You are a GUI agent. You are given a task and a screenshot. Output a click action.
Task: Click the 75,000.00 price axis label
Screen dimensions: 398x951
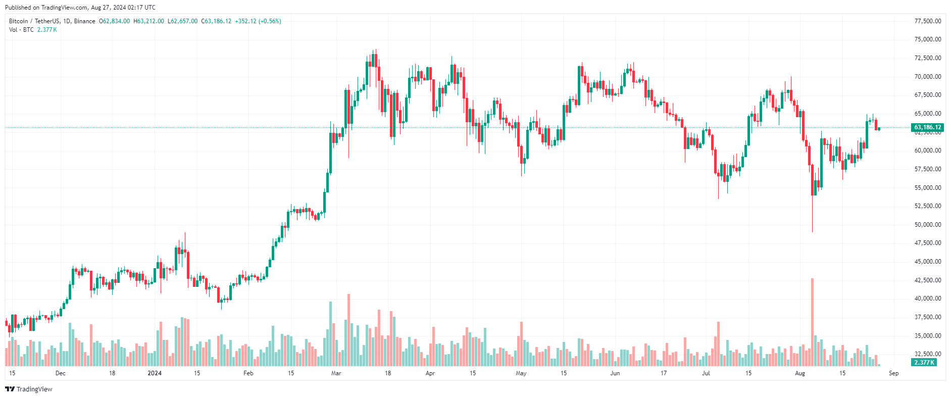(928, 39)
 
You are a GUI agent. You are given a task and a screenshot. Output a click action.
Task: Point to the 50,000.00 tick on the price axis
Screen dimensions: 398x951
(928, 225)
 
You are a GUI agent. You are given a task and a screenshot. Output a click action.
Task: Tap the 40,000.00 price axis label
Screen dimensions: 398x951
(928, 298)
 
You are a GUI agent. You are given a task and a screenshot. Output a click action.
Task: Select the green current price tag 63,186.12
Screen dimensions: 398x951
(928, 127)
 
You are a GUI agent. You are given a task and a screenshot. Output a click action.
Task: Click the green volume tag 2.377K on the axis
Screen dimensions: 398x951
(924, 363)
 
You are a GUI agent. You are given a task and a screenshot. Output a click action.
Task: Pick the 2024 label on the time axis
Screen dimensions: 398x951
(155, 373)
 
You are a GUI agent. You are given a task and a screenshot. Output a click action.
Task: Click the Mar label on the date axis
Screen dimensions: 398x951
(336, 373)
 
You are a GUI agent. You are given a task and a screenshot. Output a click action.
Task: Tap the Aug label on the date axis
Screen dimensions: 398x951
(800, 373)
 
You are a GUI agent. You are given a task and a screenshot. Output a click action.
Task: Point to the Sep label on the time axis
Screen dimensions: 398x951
(894, 373)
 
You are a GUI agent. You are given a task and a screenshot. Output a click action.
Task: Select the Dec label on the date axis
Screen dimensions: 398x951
(61, 373)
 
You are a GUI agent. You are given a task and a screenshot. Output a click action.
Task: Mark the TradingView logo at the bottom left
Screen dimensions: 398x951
(29, 389)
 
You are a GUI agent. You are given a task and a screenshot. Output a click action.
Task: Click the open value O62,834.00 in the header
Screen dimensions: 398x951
(114, 21)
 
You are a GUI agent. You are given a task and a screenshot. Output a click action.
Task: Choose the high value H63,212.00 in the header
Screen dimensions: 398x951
(148, 21)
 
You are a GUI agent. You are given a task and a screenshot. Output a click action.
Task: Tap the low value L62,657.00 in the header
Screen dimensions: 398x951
(182, 21)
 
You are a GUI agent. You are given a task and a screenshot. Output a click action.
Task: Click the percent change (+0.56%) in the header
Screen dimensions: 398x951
(270, 21)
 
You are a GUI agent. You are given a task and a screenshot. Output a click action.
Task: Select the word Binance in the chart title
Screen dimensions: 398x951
(84, 21)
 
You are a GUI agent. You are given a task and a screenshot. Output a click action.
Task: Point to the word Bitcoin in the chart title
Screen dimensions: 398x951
(19, 21)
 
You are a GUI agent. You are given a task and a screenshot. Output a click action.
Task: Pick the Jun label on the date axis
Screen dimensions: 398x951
(615, 373)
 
